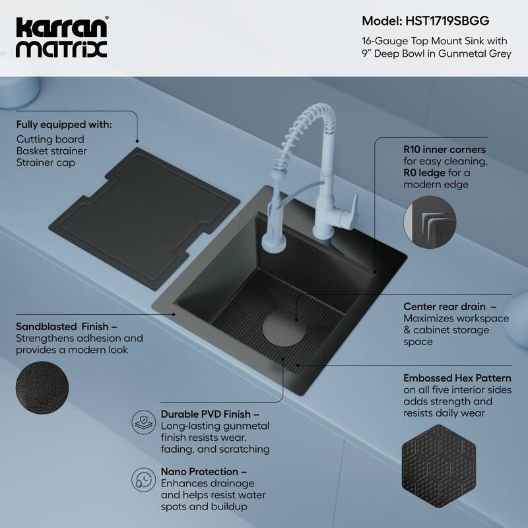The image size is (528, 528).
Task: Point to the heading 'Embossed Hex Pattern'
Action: pyautogui.click(x=457, y=378)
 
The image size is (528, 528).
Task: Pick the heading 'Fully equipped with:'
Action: pyautogui.click(x=64, y=124)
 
